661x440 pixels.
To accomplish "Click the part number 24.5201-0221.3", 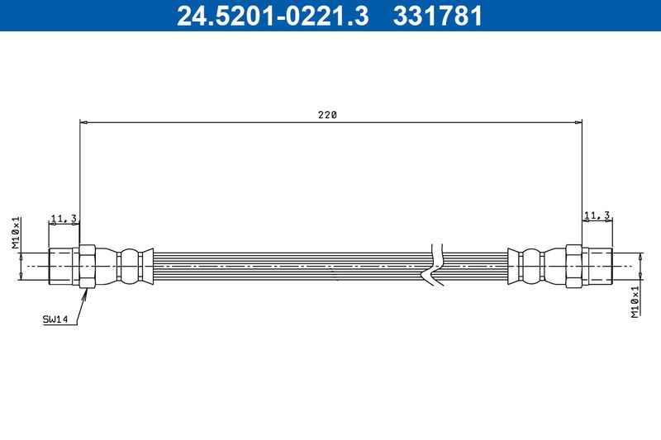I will (x=273, y=16).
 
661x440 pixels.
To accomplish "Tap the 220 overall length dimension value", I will (x=327, y=116).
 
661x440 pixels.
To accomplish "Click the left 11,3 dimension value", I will (x=64, y=219).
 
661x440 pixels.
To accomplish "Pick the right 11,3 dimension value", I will (x=597, y=215).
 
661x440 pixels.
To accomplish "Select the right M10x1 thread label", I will (x=635, y=302).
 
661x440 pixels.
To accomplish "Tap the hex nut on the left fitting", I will (x=88, y=266).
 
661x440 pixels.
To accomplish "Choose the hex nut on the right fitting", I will (x=574, y=266).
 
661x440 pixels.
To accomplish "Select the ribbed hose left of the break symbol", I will (x=289, y=266).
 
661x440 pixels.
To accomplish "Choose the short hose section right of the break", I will (x=475, y=266).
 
